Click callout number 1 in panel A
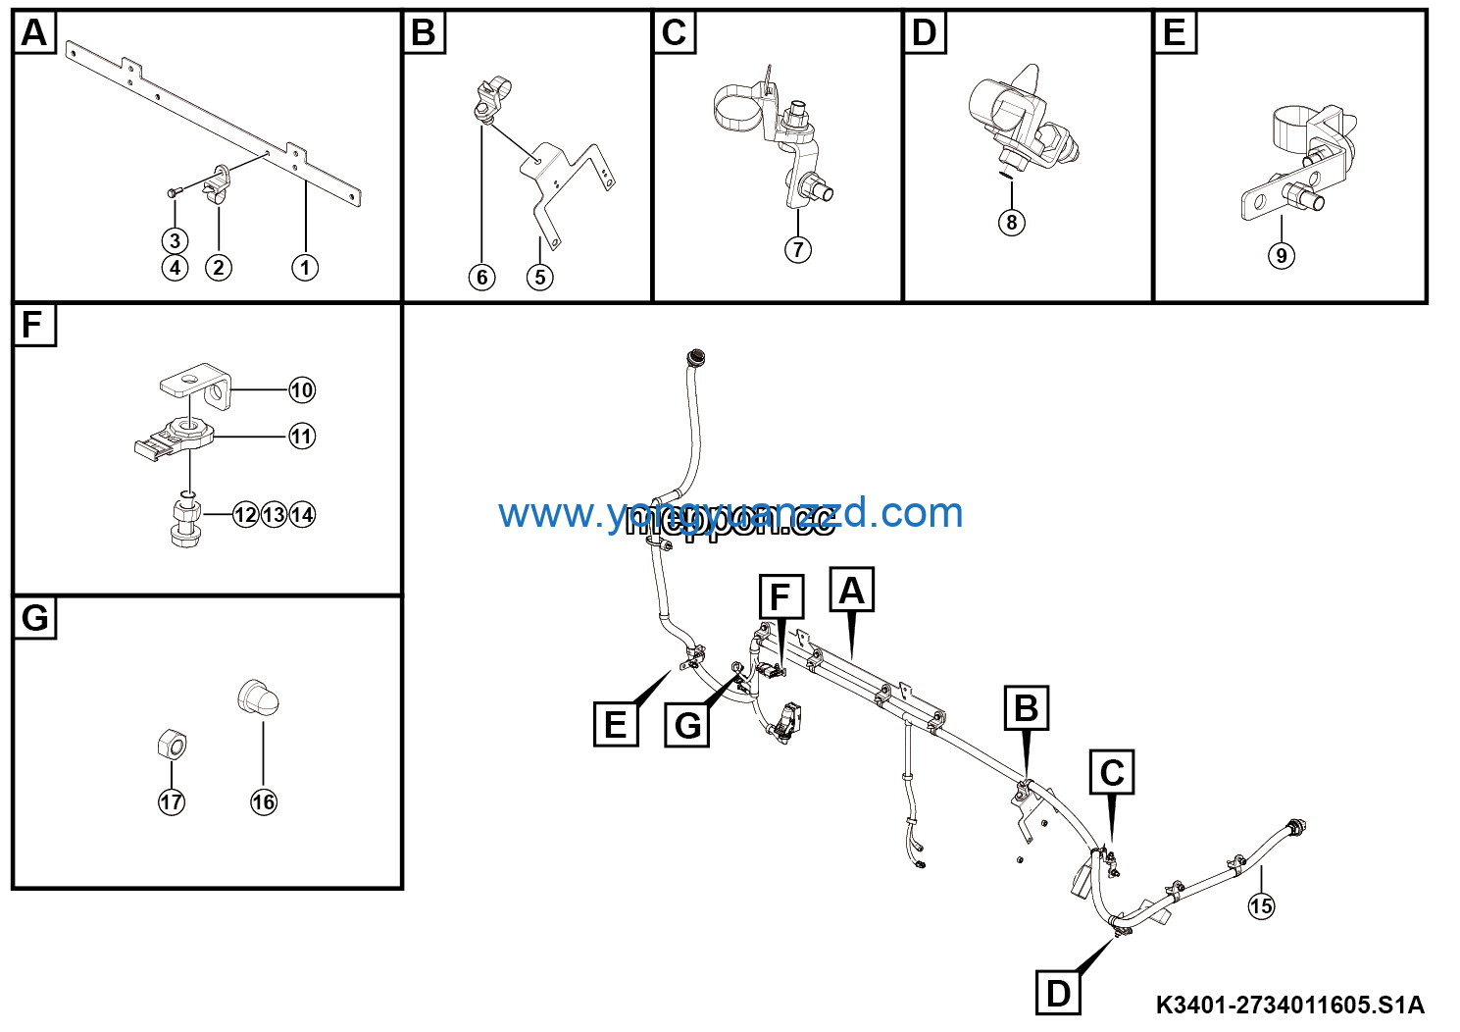[305, 267]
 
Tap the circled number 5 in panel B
[539, 277]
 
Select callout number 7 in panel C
[797, 249]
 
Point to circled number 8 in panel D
[1012, 222]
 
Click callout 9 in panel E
[1281, 256]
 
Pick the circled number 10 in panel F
[302, 390]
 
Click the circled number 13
[275, 515]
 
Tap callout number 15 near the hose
[1261, 905]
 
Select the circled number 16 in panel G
[264, 801]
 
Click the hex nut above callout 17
[172, 746]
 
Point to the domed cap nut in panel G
[259, 698]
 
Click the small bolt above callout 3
[173, 192]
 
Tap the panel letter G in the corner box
[34, 618]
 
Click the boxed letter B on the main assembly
[1026, 708]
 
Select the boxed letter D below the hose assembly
[1058, 993]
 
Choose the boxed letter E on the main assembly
[616, 725]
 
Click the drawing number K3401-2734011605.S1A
[1289, 1005]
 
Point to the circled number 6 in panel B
[481, 277]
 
